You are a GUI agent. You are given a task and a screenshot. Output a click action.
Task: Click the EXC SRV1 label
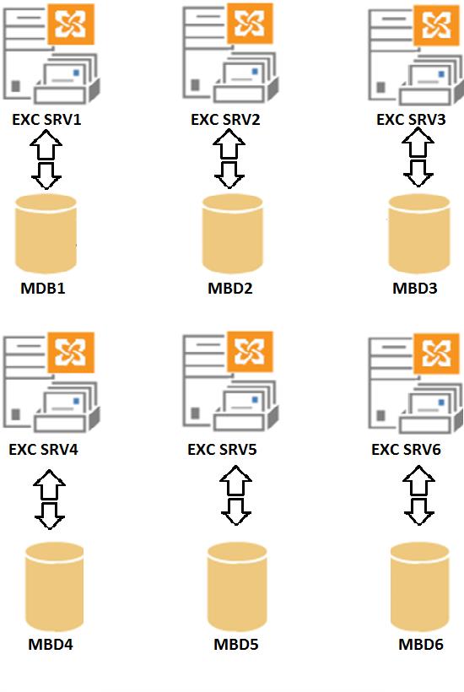click(x=46, y=120)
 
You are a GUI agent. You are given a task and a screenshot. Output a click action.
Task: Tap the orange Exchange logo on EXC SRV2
click(x=250, y=24)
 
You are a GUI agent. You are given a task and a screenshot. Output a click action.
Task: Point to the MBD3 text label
click(x=414, y=288)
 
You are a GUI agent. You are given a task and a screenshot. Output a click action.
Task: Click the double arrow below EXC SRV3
click(x=418, y=157)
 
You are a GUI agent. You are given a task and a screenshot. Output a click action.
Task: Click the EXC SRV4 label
click(x=43, y=449)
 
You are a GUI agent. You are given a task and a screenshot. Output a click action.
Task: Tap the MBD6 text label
click(x=421, y=645)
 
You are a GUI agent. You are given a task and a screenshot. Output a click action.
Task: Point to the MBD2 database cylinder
click(x=233, y=234)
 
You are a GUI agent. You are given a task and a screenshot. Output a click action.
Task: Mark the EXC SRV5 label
click(x=222, y=449)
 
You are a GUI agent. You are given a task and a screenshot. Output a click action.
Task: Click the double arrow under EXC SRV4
click(x=50, y=499)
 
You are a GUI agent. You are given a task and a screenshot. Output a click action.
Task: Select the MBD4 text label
click(x=51, y=645)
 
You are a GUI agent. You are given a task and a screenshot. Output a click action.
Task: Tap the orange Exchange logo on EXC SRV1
click(x=71, y=24)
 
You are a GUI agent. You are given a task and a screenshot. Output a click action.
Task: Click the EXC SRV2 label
click(x=225, y=120)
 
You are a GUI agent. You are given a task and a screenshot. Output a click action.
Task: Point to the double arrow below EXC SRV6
click(x=418, y=495)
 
